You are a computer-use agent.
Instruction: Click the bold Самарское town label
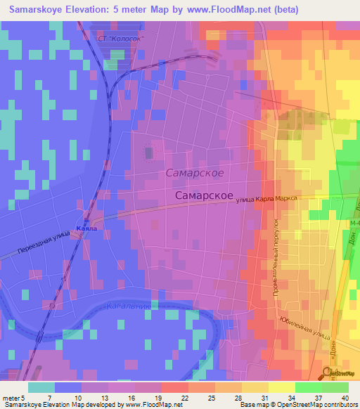point(204,196)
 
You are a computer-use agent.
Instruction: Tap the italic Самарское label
point(195,172)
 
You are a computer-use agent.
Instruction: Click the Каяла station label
point(88,229)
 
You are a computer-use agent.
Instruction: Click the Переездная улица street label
point(41,242)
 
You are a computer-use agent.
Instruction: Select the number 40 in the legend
point(343,397)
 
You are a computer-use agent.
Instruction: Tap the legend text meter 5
point(12,397)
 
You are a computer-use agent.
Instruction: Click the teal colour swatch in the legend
point(41,387)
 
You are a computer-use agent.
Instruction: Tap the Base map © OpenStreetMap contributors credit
point(297,405)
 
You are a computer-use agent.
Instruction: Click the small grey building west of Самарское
point(148,152)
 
